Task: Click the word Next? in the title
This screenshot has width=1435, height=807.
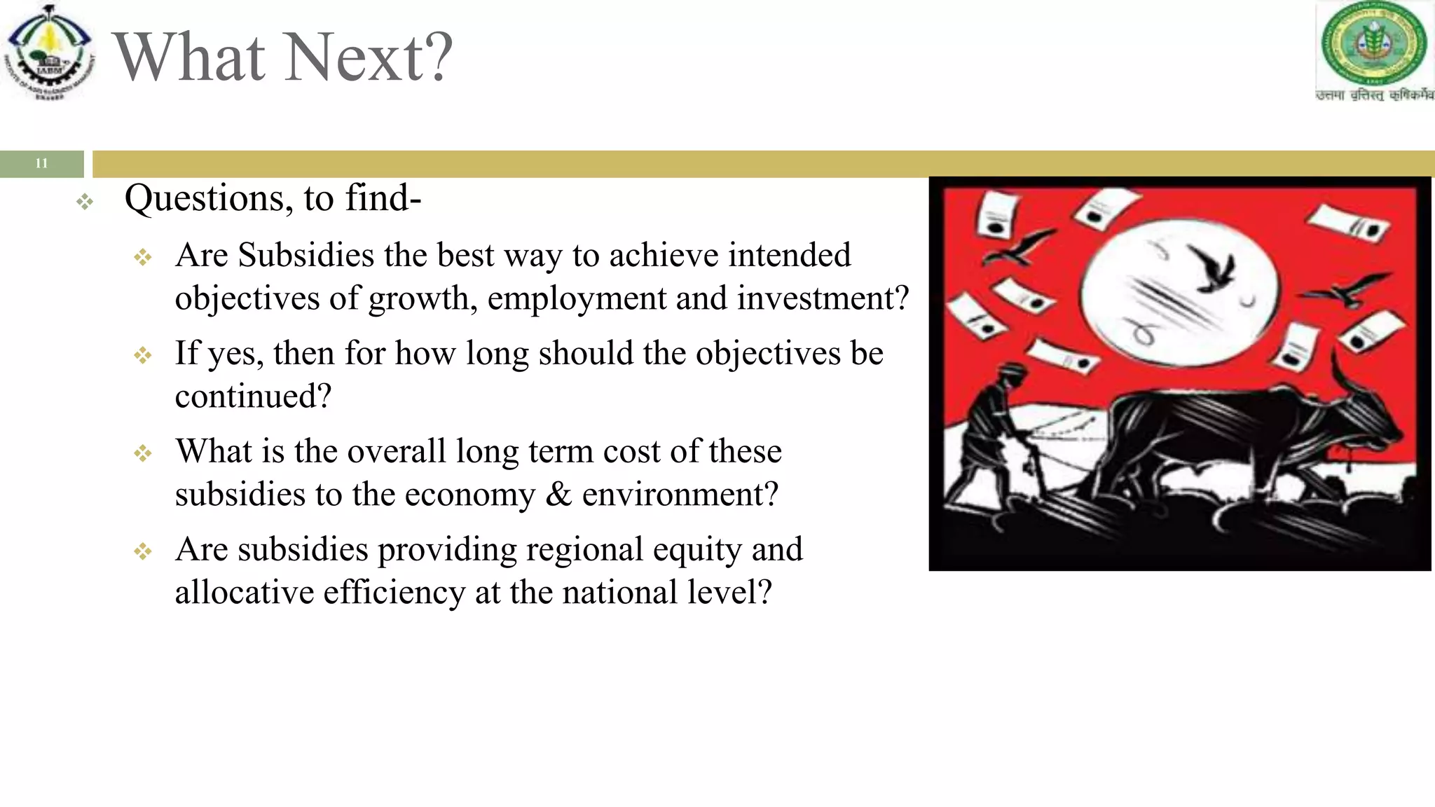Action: pyautogui.click(x=369, y=57)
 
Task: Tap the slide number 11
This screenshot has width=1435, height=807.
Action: pyautogui.click(x=41, y=163)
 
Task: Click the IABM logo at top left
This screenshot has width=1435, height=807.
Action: pyautogui.click(x=49, y=53)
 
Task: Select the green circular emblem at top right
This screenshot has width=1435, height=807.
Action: pyautogui.click(x=1373, y=43)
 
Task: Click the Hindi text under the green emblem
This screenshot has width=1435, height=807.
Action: pyautogui.click(x=1374, y=95)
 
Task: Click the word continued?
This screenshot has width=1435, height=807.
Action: pyautogui.click(x=253, y=396)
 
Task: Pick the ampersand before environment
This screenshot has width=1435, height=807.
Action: pyautogui.click(x=558, y=495)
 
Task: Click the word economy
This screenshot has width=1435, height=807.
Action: pyautogui.click(x=469, y=495)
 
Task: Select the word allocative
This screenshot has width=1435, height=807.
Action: pyautogui.click(x=244, y=593)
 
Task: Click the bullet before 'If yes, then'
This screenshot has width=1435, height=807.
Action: pyautogui.click(x=143, y=355)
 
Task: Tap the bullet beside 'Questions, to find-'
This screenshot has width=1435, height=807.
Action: pyautogui.click(x=85, y=202)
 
